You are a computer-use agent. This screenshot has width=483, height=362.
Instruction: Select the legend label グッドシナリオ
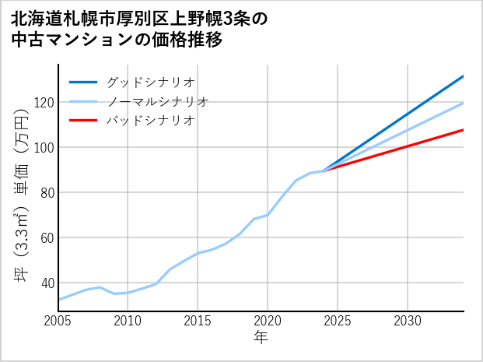150,82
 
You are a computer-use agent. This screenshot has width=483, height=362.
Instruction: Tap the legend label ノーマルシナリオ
158,101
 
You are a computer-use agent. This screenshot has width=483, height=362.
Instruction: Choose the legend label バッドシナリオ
150,121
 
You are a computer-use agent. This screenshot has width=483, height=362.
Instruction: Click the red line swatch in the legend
83,121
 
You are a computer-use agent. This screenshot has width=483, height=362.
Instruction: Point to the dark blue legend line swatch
83,82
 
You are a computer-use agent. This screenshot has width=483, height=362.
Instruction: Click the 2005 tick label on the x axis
58,321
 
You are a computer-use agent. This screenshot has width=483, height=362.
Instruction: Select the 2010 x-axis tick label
128,321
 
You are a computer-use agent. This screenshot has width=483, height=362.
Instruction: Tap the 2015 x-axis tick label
198,321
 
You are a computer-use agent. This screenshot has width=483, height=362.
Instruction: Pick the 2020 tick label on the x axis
268,321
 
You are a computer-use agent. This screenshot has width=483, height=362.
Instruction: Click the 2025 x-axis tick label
338,321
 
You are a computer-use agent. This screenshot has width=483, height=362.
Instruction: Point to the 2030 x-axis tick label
408,321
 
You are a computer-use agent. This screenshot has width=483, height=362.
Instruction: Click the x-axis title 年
261,339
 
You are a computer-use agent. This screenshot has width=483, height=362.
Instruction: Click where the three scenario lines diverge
324,170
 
